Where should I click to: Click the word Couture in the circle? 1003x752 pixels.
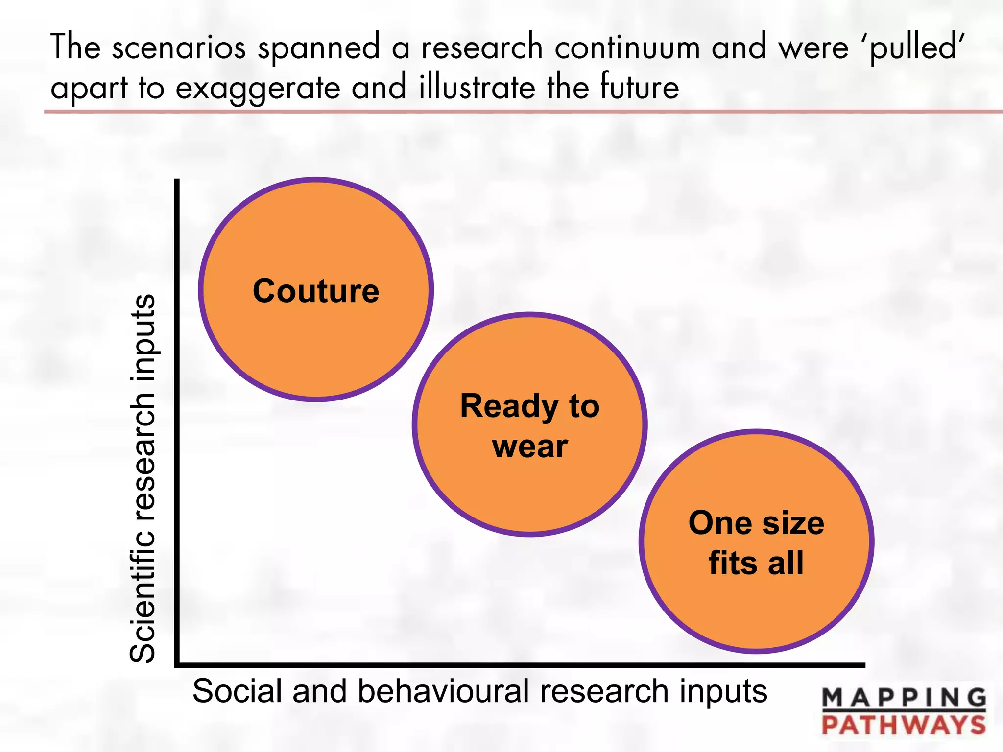pos(316,291)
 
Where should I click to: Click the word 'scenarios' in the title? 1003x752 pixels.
pos(179,48)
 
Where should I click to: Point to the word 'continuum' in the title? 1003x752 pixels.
pos(627,48)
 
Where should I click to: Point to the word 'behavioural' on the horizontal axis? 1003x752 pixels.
pos(443,691)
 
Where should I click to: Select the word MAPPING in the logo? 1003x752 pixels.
pos(904,698)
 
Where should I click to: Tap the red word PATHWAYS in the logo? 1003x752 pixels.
pos(904,725)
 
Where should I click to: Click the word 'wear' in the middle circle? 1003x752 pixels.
pos(530,446)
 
